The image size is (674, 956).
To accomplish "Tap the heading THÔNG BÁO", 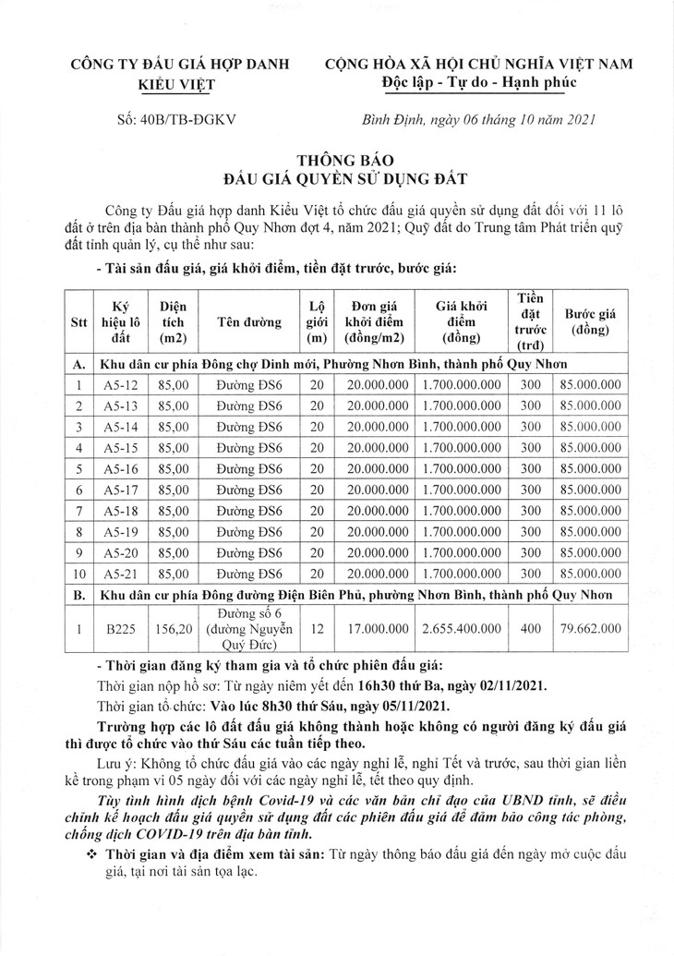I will [x=337, y=158].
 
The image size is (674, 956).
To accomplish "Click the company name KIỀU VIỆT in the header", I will [x=175, y=84].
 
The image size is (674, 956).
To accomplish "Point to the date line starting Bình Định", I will [x=477, y=119].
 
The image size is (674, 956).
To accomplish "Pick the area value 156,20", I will [x=174, y=628].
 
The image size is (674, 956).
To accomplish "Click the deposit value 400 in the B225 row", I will [x=530, y=628].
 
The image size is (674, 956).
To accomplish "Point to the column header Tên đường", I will [x=245, y=323].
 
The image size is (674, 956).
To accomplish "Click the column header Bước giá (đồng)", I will [x=592, y=321].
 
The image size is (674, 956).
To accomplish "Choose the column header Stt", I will [x=79, y=323].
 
